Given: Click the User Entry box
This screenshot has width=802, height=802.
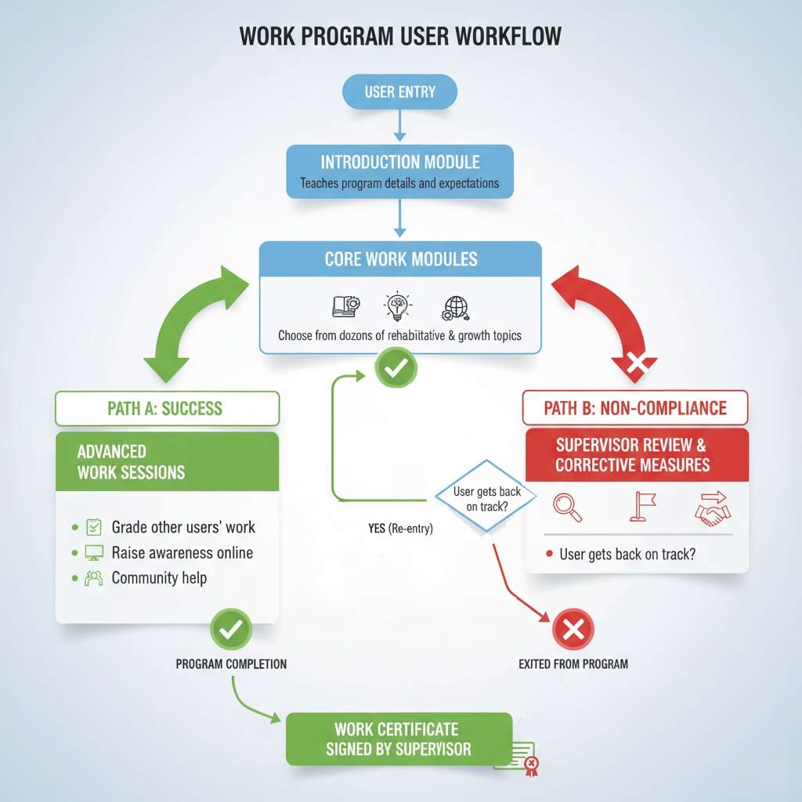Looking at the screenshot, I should (x=400, y=92).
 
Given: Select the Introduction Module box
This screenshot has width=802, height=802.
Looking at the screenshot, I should (x=400, y=171).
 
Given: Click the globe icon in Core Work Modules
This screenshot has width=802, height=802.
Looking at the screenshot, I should (x=456, y=307).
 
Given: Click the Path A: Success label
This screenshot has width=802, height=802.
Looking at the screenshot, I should (x=167, y=408).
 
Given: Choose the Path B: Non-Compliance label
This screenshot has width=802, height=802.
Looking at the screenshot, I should (x=635, y=408).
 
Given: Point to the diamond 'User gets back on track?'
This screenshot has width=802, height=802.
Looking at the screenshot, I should (x=486, y=497).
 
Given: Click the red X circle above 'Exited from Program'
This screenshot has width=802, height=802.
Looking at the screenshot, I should (x=573, y=629).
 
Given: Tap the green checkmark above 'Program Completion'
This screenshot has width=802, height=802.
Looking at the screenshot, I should (x=231, y=629).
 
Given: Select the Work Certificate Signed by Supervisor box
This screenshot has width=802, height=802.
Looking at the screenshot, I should (x=399, y=739).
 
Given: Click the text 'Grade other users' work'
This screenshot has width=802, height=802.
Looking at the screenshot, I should (x=183, y=527).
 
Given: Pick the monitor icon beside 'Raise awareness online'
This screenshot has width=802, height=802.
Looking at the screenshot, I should (x=94, y=553).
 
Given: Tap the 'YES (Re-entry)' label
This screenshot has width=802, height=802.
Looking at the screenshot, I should (x=400, y=529).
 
